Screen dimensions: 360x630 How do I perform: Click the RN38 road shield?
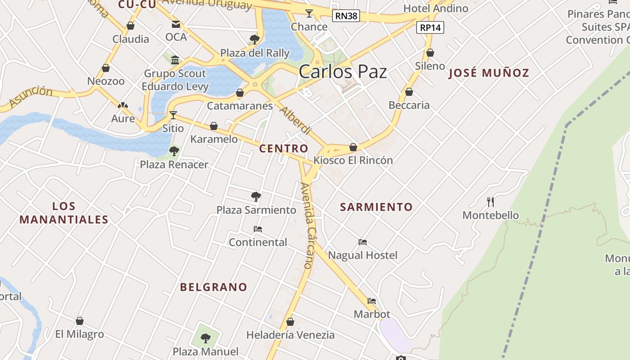click(x=346, y=16)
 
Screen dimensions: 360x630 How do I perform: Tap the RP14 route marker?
click(x=430, y=27)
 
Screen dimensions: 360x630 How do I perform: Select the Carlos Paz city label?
click(x=342, y=72)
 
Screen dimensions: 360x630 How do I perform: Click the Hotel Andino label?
click(x=436, y=8)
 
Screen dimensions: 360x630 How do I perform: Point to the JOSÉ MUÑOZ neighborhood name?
click(x=489, y=73)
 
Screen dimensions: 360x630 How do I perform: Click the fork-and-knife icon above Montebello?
click(x=490, y=202)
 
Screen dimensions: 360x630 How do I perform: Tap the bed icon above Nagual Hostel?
click(x=363, y=242)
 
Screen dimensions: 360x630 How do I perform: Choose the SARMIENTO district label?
click(x=376, y=207)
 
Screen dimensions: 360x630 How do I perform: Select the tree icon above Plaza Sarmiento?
click(x=256, y=196)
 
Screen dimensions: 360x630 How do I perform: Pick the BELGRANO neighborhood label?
click(x=214, y=287)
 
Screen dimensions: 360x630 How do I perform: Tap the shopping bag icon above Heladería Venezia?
click(x=290, y=322)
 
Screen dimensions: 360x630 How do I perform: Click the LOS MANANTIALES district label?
click(x=64, y=213)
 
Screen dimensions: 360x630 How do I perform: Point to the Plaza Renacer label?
click(x=174, y=165)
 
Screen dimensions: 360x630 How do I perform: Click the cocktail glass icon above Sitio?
click(x=173, y=115)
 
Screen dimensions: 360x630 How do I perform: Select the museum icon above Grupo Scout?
click(x=175, y=60)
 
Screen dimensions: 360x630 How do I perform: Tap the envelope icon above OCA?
click(x=175, y=24)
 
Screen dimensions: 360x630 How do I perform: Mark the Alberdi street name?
click(x=296, y=120)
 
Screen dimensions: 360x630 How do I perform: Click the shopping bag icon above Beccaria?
click(x=409, y=92)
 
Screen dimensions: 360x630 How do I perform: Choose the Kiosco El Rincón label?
click(x=353, y=160)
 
